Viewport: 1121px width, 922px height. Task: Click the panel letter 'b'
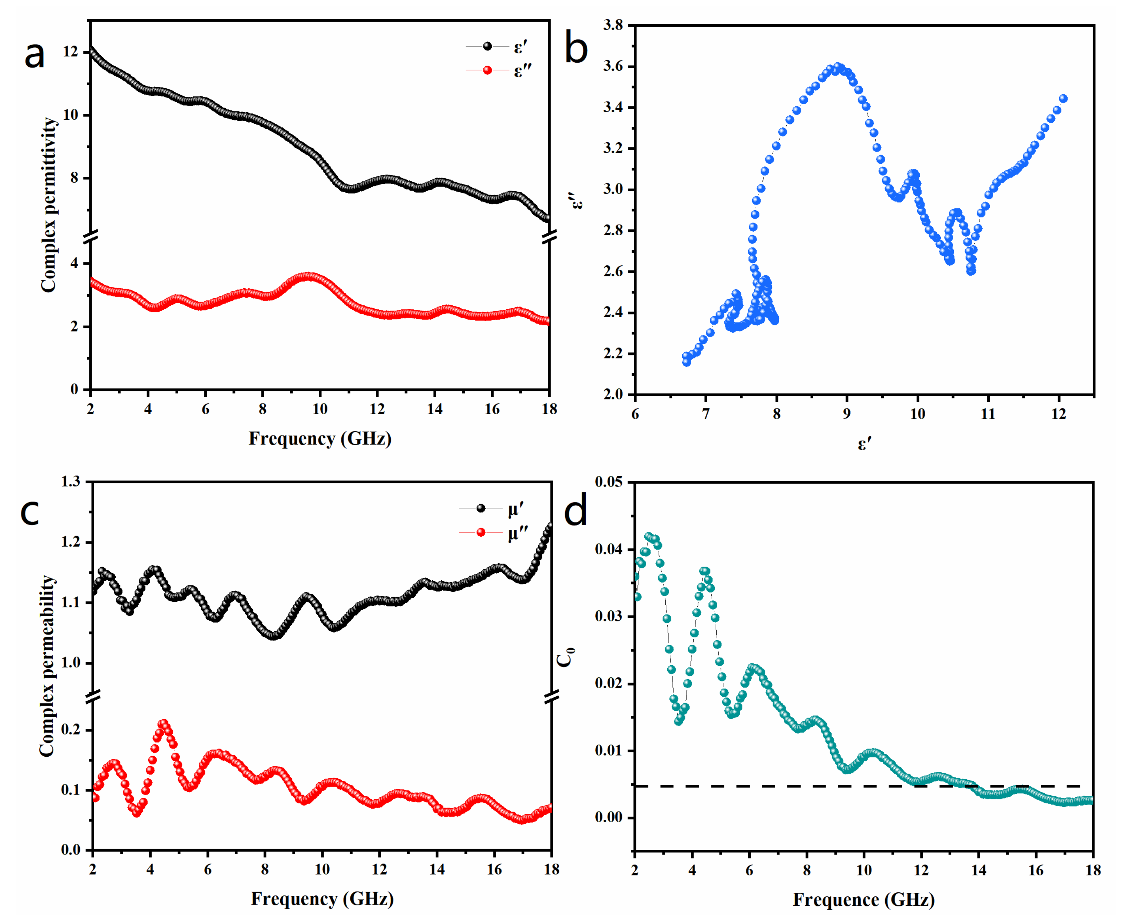click(576, 48)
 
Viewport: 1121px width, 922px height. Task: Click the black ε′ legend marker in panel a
click(487, 47)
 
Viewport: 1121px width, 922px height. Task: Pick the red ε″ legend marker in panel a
click(487, 70)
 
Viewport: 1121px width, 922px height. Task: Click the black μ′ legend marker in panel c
click(481, 508)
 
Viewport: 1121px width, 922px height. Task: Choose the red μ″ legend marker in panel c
click(481, 532)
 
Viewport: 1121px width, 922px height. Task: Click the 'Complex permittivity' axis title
click(49, 205)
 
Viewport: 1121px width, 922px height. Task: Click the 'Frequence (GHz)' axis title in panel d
click(864, 900)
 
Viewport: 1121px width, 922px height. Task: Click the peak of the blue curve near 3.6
click(839, 67)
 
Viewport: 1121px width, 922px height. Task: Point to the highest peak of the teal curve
click(649, 537)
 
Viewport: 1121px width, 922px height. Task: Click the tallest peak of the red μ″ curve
click(163, 724)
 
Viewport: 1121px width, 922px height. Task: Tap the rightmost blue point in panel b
click(1063, 98)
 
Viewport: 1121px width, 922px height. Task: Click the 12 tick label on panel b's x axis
click(1058, 414)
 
